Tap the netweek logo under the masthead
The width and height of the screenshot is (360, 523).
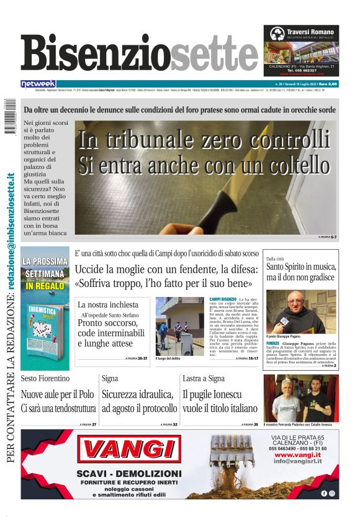click(x=38, y=83)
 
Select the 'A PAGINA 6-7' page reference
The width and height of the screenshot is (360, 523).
click(x=327, y=237)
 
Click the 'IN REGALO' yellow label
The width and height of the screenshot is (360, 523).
click(x=45, y=286)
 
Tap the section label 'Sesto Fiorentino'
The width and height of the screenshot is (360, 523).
click(x=45, y=378)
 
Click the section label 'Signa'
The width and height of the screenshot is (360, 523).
click(x=110, y=378)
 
